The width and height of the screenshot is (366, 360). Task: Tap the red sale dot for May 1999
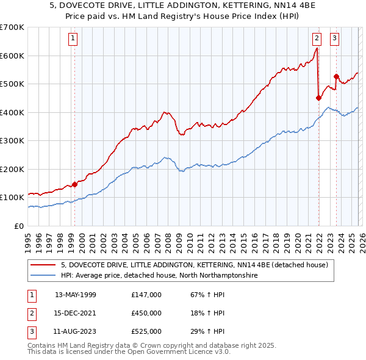74,184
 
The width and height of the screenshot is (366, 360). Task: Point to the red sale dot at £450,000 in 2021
318,97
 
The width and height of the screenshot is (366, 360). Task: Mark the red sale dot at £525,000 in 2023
336,76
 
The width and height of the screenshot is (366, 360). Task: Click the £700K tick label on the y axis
12,27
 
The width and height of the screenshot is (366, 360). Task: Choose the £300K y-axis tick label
12,141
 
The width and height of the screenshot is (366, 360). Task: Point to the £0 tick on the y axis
20,226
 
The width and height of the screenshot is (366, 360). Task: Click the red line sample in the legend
43,265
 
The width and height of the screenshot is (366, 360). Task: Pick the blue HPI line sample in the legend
43,276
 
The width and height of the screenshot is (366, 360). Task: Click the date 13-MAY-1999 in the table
76,295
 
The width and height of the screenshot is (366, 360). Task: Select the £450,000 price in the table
146,313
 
